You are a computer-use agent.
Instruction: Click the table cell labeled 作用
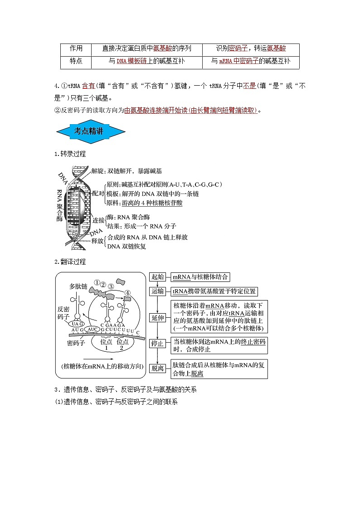click(76, 48)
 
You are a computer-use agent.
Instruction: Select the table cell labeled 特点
click(76, 61)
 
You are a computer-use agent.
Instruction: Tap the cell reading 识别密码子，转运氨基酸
click(251, 48)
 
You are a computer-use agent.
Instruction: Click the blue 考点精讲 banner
click(90, 132)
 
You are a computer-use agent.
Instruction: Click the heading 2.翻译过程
click(70, 262)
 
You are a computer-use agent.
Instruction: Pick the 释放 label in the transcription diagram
click(97, 241)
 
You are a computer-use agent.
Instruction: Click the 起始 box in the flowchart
click(158, 277)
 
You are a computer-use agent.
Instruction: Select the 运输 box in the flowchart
click(158, 291)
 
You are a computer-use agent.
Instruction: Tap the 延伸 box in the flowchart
click(158, 317)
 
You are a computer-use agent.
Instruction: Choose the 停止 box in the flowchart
click(158, 344)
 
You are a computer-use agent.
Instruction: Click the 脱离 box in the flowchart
click(158, 368)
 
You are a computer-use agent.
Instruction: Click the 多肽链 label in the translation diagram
click(78, 286)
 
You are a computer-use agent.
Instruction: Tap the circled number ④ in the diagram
click(128, 293)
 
